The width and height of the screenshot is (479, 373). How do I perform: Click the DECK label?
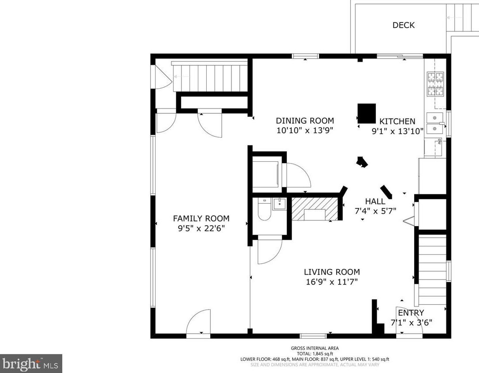click(404, 25)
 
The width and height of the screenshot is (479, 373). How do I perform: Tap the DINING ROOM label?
click(305, 121)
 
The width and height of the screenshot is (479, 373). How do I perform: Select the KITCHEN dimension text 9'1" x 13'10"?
click(397, 131)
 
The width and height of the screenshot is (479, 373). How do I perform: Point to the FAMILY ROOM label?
click(201, 219)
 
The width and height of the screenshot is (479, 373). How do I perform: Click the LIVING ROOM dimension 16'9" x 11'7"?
click(332, 282)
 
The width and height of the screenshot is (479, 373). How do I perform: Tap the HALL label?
click(375, 201)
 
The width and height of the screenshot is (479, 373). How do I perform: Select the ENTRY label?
click(411, 313)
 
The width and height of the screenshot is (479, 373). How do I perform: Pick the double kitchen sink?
click(435, 123)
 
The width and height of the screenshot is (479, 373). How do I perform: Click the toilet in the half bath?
click(264, 209)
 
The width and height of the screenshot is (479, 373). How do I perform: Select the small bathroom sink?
click(279, 204)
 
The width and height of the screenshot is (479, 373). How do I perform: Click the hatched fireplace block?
click(315, 209)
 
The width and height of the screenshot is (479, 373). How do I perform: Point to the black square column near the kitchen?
click(367, 113)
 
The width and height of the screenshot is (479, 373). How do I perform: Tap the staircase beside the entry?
click(432, 270)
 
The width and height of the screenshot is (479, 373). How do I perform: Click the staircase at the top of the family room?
click(211, 76)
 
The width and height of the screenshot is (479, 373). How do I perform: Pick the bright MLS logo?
click(31, 364)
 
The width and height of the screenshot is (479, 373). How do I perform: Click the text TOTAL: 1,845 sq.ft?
click(315, 354)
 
